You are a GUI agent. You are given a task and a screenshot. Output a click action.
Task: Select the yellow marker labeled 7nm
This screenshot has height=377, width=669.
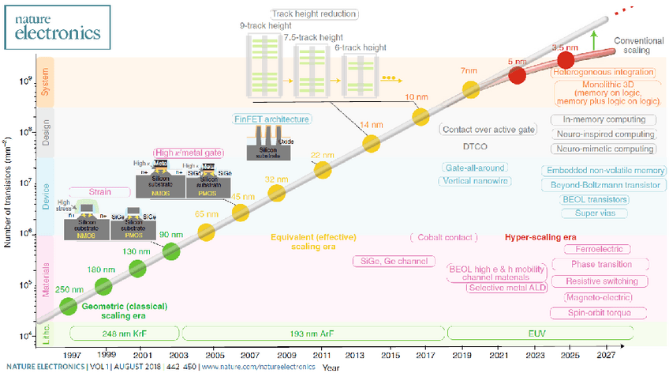pyautogui.click(x=471, y=89)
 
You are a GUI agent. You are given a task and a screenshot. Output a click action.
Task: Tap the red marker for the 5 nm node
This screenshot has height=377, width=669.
pyautogui.click(x=517, y=75)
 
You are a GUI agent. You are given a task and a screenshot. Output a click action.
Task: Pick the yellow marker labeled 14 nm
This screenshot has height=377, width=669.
pyautogui.click(x=372, y=143)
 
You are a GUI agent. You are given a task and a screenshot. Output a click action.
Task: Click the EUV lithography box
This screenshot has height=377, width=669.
pyautogui.click(x=537, y=334)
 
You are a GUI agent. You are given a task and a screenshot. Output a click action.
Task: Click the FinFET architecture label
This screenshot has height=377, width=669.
pyautogui.click(x=271, y=119)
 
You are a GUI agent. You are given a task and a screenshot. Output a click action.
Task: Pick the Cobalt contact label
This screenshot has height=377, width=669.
pyautogui.click(x=444, y=236)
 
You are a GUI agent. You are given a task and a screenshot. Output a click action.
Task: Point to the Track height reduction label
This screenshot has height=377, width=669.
pyautogui.click(x=314, y=13)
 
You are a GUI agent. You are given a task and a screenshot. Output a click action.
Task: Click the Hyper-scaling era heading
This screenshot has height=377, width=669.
pyautogui.click(x=542, y=236)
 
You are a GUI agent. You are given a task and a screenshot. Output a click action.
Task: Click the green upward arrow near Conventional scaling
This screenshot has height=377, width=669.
pyautogui.click(x=592, y=40)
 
